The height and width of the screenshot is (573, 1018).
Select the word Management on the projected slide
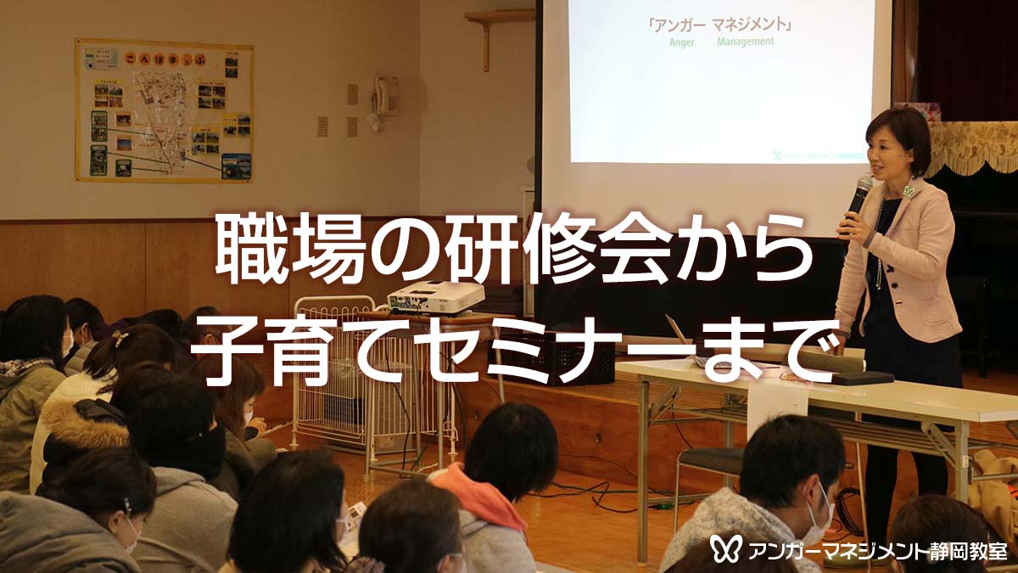(x=745, y=41)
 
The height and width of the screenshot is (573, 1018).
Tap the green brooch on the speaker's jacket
(x=908, y=192)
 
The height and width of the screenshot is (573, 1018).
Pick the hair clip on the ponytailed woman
(x=120, y=338)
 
